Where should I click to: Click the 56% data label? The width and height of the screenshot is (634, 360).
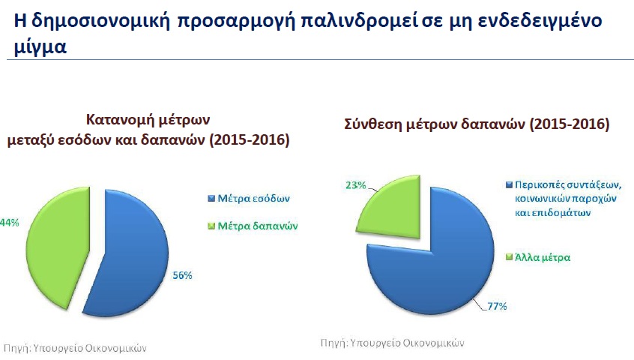tap(182, 275)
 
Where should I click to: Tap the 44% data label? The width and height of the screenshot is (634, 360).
tap(9, 223)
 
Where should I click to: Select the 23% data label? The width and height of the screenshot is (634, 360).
tap(356, 185)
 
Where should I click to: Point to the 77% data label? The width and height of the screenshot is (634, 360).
tap(497, 306)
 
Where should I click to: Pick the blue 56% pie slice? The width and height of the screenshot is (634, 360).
tap(130, 255)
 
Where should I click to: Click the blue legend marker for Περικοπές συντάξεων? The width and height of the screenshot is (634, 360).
tap(510, 185)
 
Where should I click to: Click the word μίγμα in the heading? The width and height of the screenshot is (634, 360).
tap(40, 47)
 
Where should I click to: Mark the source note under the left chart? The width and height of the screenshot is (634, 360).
tap(75, 348)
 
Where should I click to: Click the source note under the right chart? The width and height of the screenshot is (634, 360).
tap(392, 343)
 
